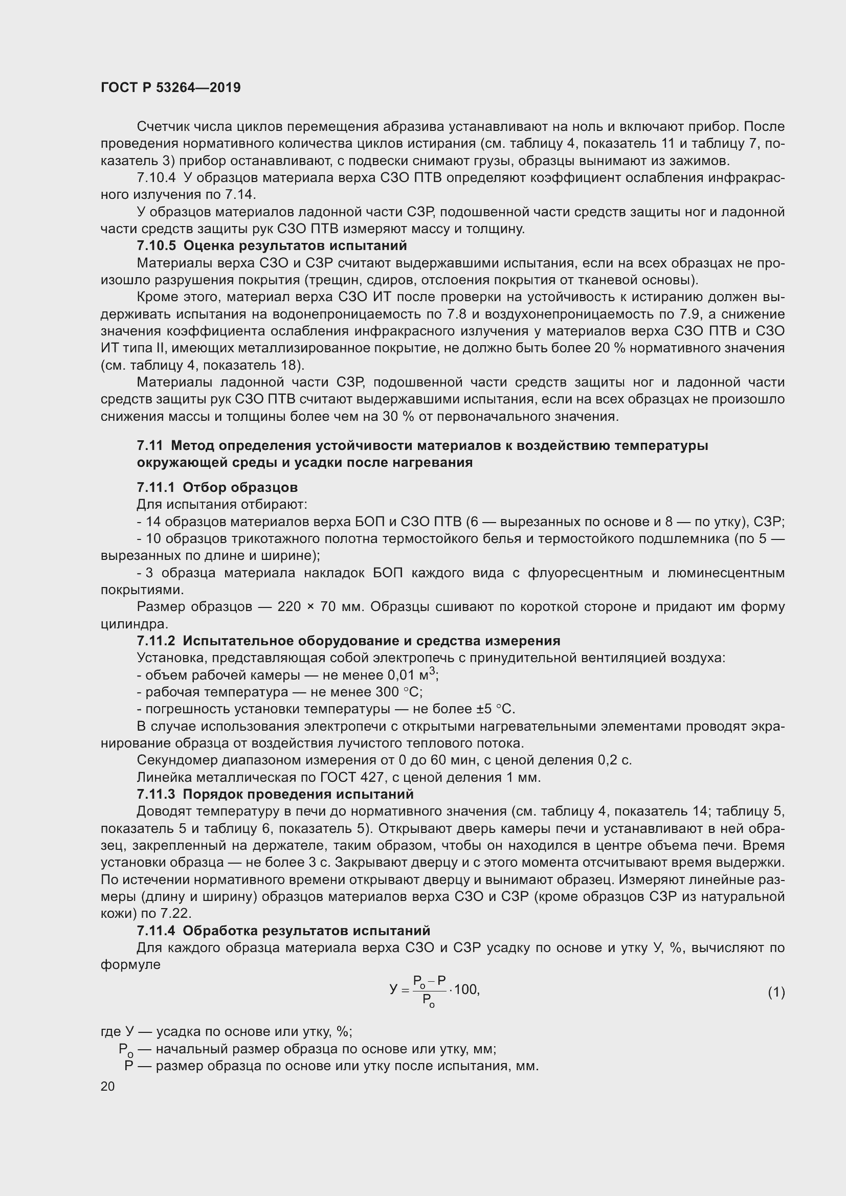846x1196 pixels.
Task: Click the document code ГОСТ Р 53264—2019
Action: (x=170, y=87)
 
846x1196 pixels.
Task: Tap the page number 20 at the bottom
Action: (x=108, y=1086)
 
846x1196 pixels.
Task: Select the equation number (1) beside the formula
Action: (x=776, y=992)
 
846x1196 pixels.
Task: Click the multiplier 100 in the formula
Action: (x=466, y=990)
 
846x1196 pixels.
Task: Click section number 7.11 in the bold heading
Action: (x=149, y=445)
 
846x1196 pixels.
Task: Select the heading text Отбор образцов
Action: (x=240, y=487)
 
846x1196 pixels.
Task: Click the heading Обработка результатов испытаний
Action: (x=306, y=930)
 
